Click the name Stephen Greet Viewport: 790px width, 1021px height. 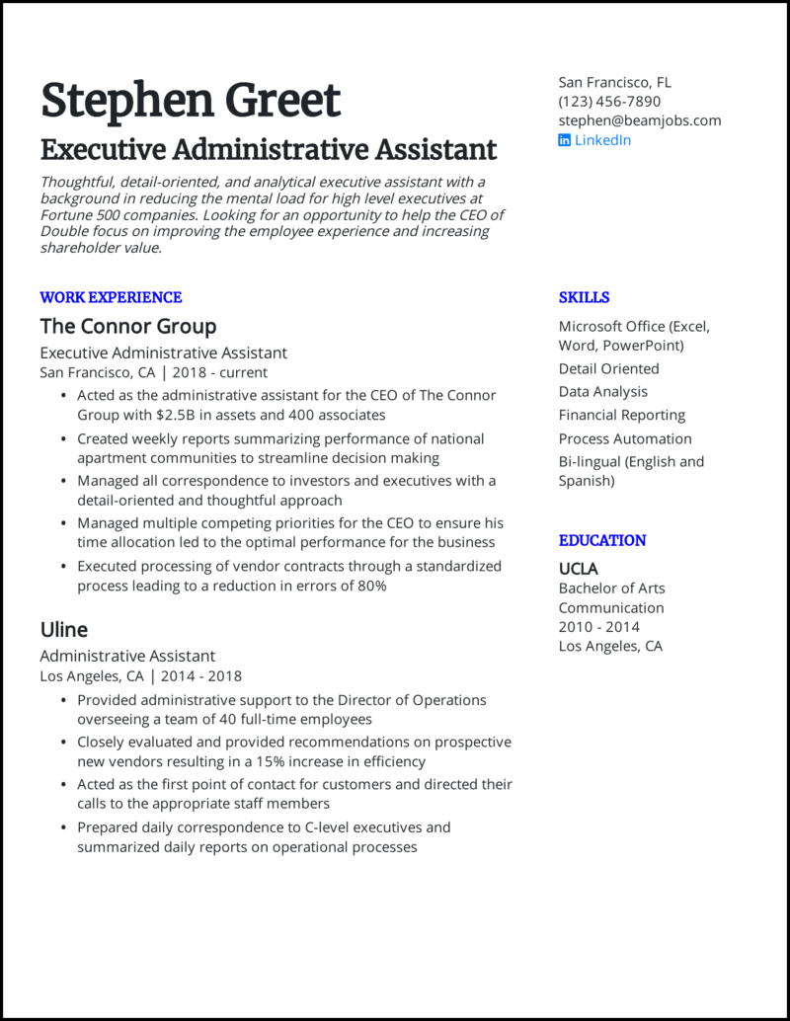190,100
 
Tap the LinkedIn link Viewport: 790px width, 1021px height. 602,140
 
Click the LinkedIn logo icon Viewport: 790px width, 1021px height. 565,140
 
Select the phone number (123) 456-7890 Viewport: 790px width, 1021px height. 609,102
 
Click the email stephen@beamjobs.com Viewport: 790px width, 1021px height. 639,120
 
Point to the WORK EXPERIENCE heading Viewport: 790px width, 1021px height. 111,297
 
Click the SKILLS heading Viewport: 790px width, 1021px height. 584,297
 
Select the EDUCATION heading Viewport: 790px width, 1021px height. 601,541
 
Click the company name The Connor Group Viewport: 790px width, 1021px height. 127,326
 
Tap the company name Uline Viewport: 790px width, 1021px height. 63,630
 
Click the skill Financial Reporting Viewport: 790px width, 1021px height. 621,416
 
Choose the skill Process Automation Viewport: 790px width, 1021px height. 624,438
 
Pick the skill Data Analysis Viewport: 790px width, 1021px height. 602,392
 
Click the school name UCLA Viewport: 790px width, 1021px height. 578,569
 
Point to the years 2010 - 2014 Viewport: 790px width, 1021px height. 598,627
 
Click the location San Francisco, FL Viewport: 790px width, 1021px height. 614,83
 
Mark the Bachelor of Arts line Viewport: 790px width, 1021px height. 611,589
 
